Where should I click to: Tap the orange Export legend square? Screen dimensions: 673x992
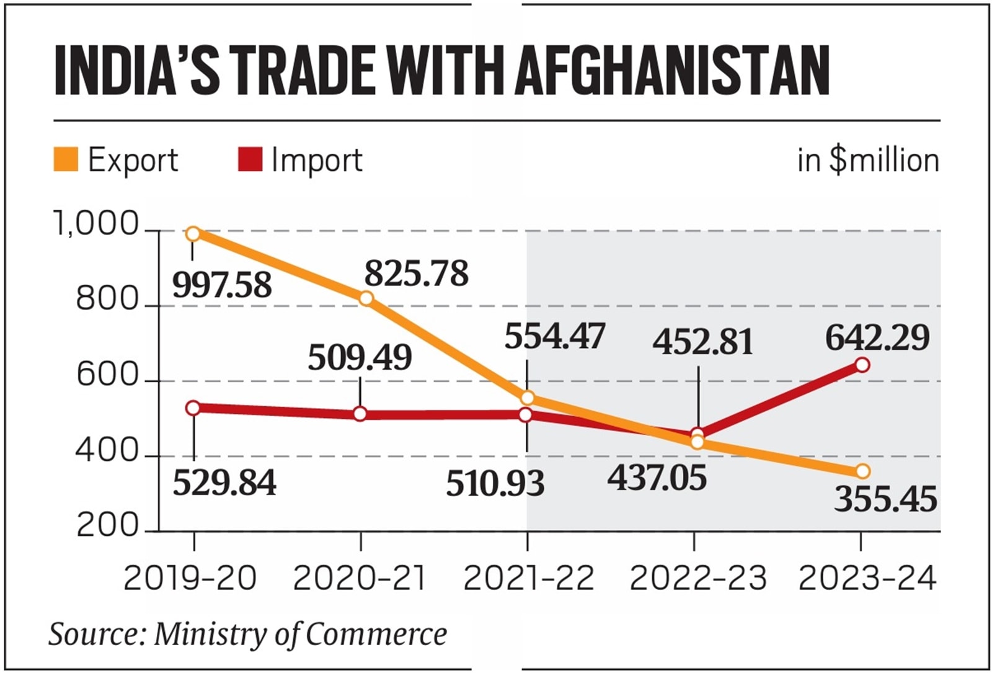point(66,159)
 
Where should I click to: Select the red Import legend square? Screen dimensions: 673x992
point(250,159)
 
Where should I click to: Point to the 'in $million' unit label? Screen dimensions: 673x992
point(868,160)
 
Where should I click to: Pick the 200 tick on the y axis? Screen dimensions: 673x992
point(107,526)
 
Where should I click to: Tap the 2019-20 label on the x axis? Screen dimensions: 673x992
point(190,579)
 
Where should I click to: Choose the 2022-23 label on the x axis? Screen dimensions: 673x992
point(697,579)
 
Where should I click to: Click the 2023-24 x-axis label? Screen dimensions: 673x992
point(867,579)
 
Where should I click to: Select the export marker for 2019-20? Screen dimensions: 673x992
point(193,234)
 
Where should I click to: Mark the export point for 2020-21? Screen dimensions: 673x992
point(366,298)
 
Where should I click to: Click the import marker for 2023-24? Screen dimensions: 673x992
point(862,365)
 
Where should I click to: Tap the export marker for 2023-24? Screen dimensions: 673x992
point(862,471)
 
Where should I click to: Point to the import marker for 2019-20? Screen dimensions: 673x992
point(193,408)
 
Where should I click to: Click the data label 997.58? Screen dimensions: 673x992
point(222,285)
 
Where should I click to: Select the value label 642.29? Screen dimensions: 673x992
point(877,338)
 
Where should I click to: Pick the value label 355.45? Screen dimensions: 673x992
point(885,499)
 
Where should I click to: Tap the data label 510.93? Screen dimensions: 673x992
point(495,484)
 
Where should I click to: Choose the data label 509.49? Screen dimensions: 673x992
point(360,358)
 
